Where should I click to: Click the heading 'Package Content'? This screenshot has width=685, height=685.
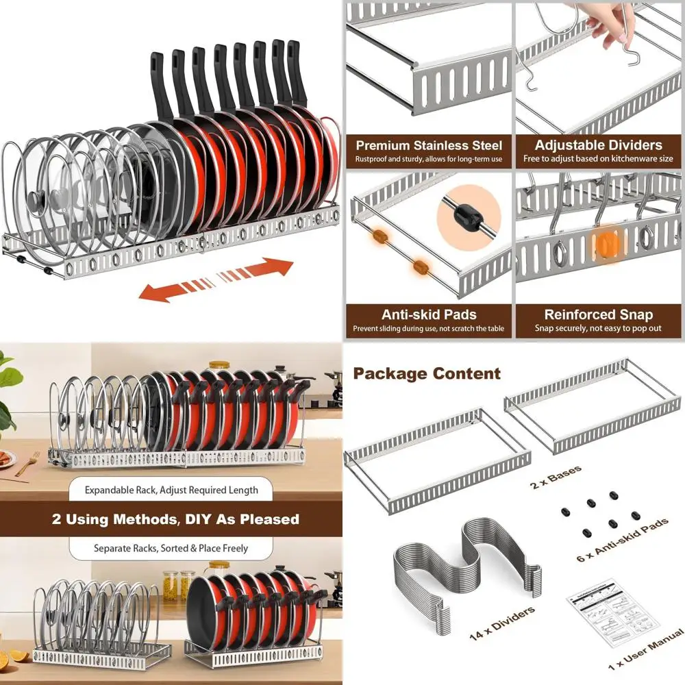[x=427, y=374]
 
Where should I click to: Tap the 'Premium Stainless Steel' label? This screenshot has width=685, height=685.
[x=429, y=145]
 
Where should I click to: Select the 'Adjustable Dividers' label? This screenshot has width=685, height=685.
[x=599, y=145]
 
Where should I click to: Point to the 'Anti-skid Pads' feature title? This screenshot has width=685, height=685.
[x=429, y=315]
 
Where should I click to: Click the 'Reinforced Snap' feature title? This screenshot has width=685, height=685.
[x=599, y=315]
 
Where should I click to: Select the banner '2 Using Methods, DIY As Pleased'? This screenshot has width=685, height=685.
[x=175, y=519]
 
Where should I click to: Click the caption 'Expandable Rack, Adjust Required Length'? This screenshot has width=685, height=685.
[x=171, y=490]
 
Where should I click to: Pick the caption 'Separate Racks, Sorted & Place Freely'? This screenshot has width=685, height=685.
[x=171, y=549]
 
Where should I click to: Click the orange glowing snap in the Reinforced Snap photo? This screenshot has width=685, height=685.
[x=603, y=245]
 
